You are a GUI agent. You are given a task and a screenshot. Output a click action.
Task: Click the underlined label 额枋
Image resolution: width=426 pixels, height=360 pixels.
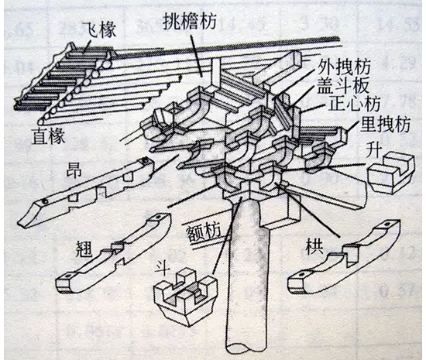[x=203, y=230]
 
